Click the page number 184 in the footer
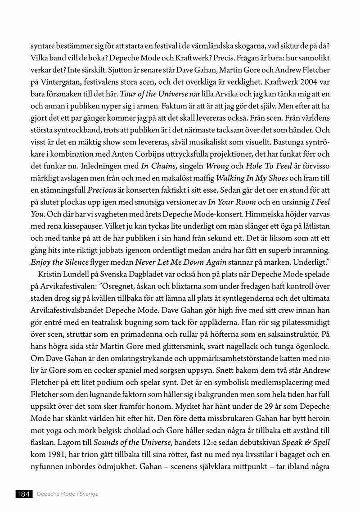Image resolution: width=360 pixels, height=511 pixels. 23,494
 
